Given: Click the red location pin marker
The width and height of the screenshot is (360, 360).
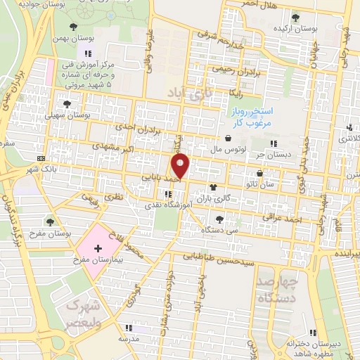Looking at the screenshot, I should click(x=181, y=167).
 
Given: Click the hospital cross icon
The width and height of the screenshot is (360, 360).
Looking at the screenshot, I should click(x=98, y=249).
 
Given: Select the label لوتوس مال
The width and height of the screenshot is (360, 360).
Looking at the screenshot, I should click(x=229, y=150).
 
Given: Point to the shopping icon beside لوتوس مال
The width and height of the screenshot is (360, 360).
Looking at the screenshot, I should click(x=230, y=139).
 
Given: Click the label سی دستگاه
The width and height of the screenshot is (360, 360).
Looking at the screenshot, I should click(x=220, y=230).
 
